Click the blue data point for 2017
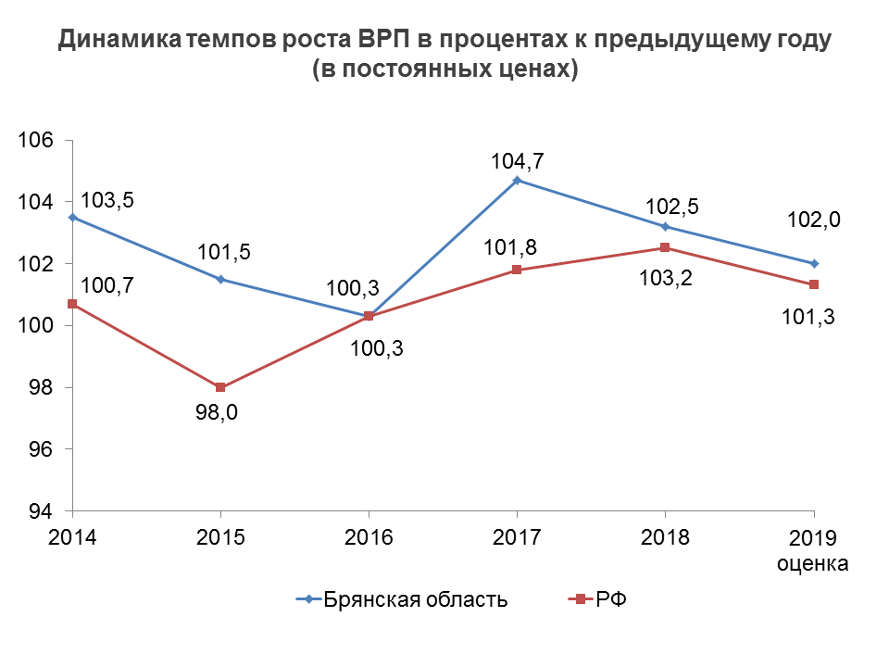click(517, 180)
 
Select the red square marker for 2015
click(220, 387)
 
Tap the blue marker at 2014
click(73, 217)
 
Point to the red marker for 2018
click(665, 247)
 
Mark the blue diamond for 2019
click(814, 263)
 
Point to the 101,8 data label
click(514, 247)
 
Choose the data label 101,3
click(809, 318)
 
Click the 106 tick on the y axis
click(43, 140)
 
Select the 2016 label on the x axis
click(369, 537)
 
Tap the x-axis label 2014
click(73, 537)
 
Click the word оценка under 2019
click(813, 562)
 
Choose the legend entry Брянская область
click(415, 599)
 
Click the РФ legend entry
click(610, 599)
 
